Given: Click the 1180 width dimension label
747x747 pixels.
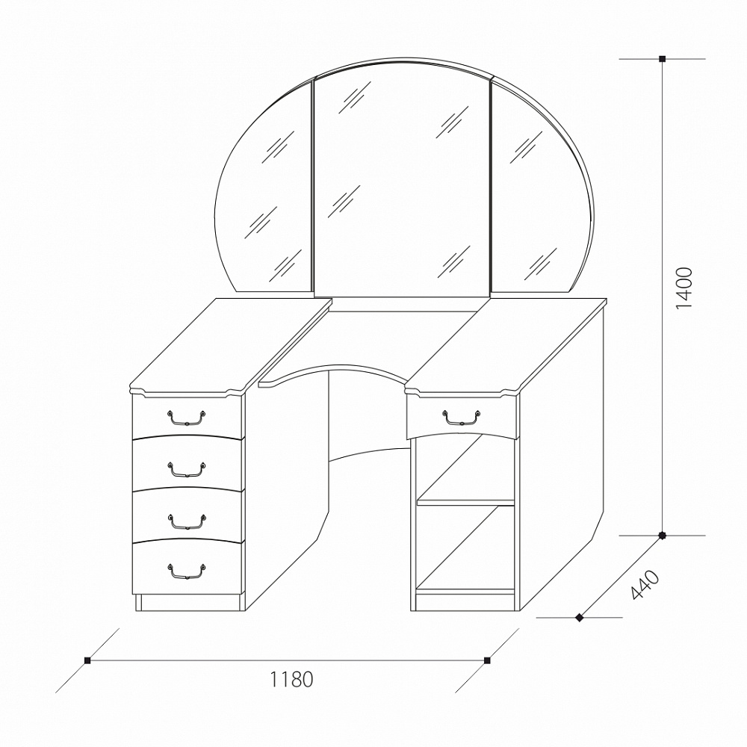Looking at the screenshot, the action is pos(291,679).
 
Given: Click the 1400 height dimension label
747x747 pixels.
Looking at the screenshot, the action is pos(684,288).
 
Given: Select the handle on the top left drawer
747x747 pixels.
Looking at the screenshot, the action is pos(186,418).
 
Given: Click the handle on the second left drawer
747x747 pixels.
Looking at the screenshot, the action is pos(186,469).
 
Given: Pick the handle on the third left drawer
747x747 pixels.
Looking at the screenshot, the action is pos(186,521).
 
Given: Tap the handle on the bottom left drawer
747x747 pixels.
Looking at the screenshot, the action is pos(186,571).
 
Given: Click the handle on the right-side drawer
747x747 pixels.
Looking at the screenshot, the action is pos(461,417).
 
